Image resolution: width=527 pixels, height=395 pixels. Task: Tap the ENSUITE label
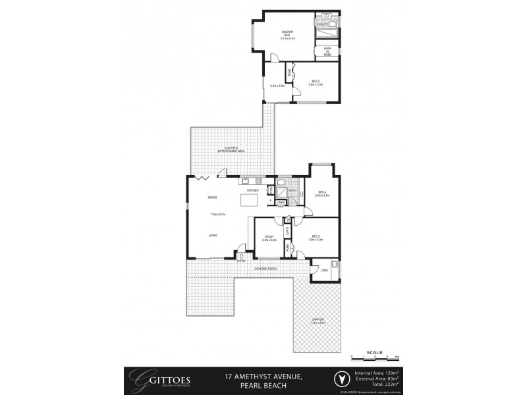point(322,24)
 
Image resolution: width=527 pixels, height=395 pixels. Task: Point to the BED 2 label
point(316,83)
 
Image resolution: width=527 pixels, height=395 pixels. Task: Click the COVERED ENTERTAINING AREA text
point(231,150)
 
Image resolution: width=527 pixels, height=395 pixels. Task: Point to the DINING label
point(212,197)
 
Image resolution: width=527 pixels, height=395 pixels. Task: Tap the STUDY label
point(269,238)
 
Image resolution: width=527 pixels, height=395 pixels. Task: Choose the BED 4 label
point(322,194)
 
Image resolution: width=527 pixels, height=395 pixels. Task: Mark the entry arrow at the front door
point(242,257)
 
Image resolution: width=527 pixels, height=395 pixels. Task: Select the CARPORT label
point(319,322)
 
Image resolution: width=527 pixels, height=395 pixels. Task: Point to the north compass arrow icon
point(341,379)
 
